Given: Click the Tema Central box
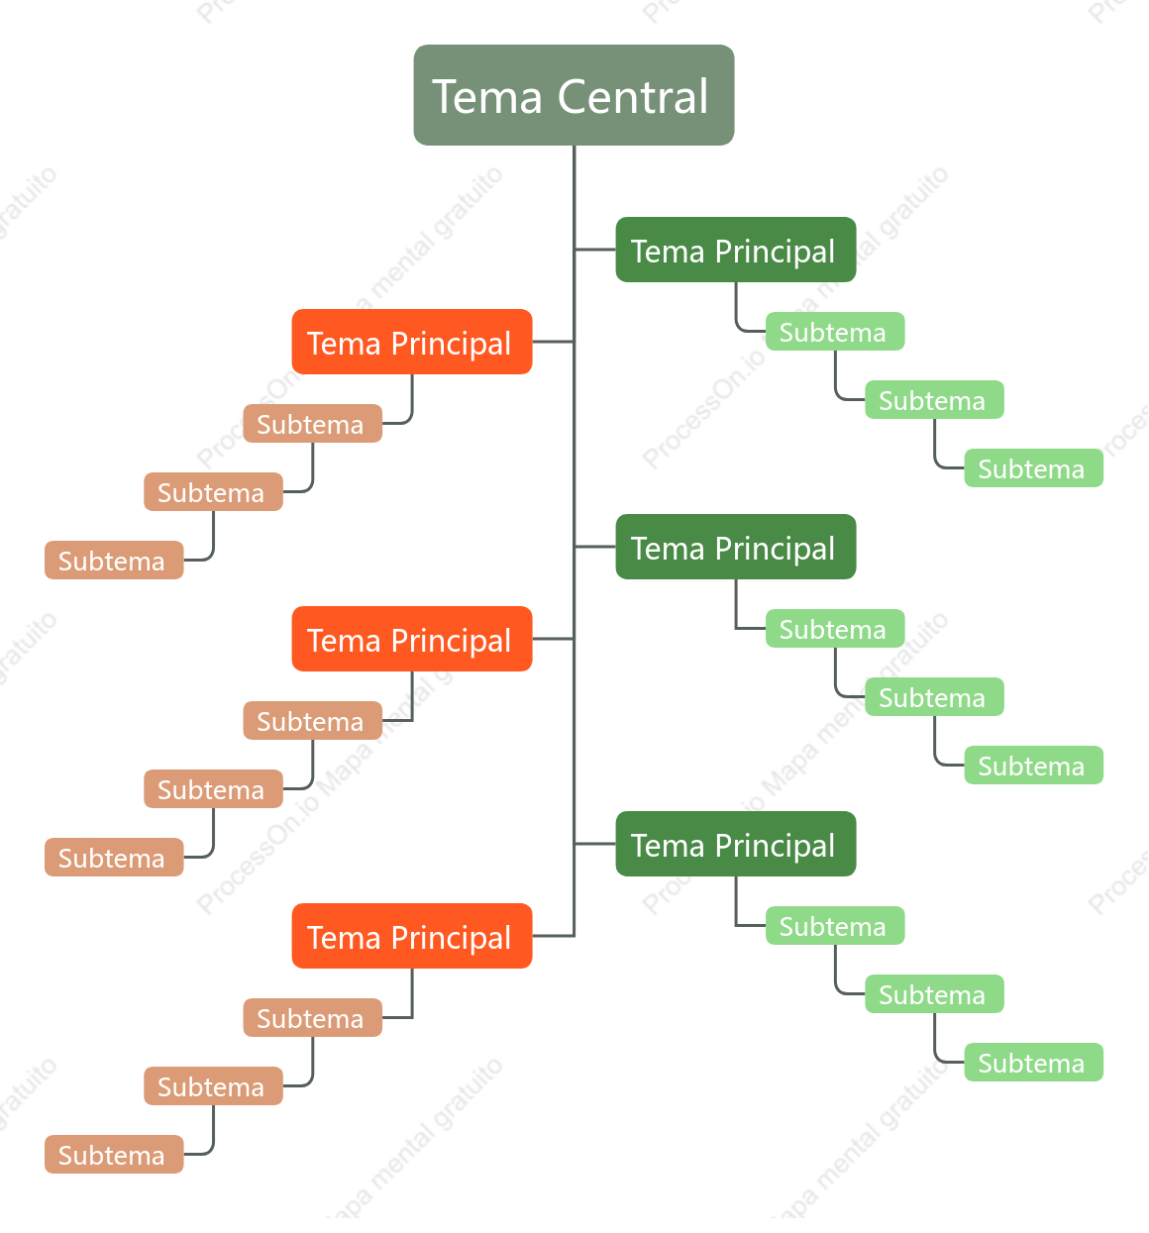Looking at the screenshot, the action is point(574,95).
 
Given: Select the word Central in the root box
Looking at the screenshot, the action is point(633,97).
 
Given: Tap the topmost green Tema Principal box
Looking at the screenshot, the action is point(736,250).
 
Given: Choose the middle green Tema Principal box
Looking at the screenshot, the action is point(736,547).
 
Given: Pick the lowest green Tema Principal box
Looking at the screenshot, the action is point(736,844).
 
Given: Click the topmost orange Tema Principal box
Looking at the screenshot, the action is point(412,342).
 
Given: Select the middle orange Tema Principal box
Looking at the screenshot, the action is point(412,639).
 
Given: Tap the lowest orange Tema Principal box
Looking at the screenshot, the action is point(412,936).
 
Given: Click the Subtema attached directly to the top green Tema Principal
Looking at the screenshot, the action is point(835,332).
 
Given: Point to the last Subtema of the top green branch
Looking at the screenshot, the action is point(1033,468).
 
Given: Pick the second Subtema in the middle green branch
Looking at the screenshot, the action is point(934,696).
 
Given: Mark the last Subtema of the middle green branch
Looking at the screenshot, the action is point(1033,765).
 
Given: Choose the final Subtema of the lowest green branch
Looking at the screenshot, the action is point(1033,1063).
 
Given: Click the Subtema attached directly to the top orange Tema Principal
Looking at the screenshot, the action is point(312,424).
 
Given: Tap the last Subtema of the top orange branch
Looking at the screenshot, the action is point(114,560).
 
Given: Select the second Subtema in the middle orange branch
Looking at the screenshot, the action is point(213,788).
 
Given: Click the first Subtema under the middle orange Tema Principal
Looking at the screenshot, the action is point(312,720).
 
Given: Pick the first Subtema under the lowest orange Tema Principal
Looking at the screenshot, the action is point(312,1017).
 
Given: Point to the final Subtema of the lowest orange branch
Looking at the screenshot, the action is point(114,1154).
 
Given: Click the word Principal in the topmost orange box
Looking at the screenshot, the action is point(451,345).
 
